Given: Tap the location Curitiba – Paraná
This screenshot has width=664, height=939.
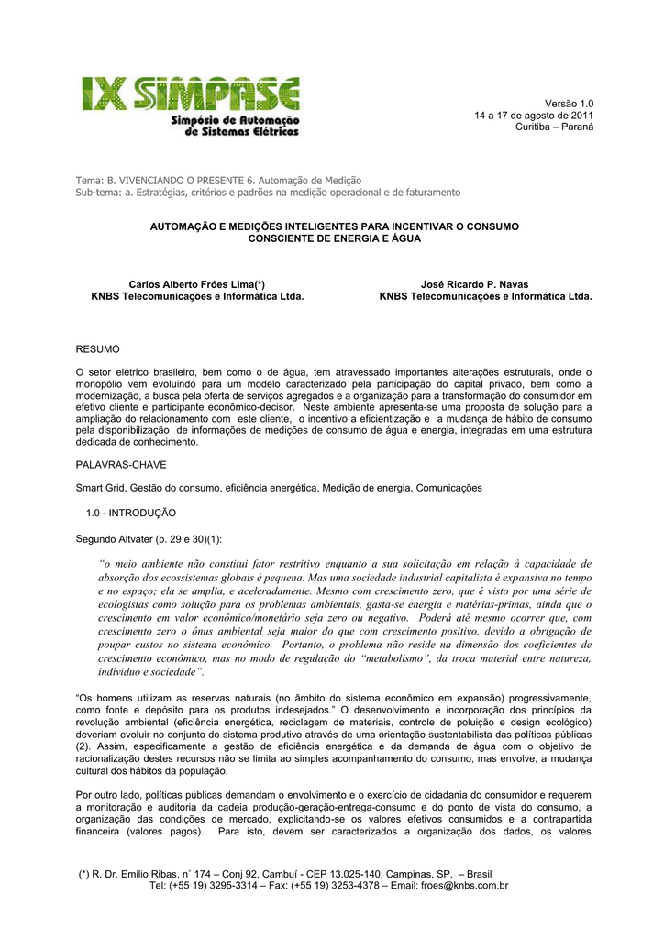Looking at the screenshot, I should [554, 127].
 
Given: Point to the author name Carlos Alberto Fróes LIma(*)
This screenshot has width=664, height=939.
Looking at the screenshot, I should [196, 284].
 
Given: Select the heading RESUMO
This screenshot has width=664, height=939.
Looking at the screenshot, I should [96, 349].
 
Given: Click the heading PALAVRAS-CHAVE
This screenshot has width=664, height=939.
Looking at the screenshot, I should [121, 465].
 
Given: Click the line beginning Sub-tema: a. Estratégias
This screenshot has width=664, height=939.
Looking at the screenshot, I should [268, 193].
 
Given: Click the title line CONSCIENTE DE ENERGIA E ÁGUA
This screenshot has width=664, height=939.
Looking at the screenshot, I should [334, 238].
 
